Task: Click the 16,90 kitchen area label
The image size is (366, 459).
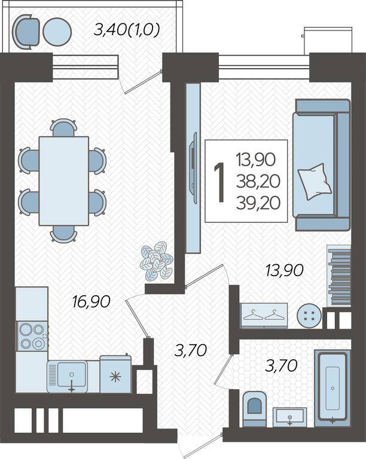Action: point(91,302)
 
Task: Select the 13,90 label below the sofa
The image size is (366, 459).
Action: point(284,270)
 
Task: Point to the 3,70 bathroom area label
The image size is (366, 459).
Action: point(281,366)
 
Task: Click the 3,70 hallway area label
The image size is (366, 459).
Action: point(191,350)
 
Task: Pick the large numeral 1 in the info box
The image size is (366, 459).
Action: point(219,182)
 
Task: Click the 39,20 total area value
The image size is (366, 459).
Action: point(258,203)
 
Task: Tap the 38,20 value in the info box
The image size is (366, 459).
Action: point(258,181)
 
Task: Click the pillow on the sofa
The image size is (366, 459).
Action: point(315,182)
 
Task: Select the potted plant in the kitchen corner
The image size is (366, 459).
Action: point(157,261)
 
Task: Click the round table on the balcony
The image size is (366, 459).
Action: point(57,32)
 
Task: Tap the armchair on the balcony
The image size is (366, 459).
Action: point(26,32)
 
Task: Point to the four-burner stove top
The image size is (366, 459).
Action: point(32,336)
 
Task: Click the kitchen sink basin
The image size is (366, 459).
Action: point(72,375)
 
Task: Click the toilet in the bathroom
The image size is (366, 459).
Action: point(255,409)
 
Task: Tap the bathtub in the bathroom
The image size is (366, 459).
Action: point(333,387)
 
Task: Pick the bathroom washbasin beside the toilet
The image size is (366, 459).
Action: point(290,417)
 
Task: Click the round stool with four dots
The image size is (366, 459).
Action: point(309,316)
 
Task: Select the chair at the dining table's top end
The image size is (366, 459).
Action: point(63,128)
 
